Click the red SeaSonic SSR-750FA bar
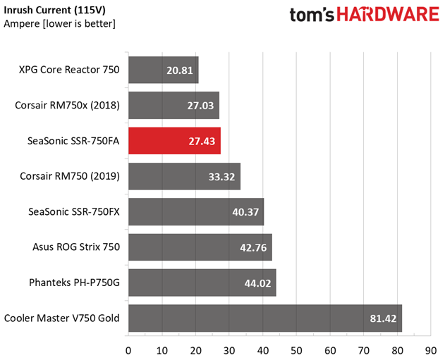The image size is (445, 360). [x=174, y=141]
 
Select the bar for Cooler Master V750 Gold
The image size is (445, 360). [x=265, y=318]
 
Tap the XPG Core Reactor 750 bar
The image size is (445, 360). [x=164, y=70]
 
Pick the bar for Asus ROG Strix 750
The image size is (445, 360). [x=200, y=247]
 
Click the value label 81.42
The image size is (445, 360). [x=383, y=318]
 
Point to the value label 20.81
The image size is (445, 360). [x=180, y=70]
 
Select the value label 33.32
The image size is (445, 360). [x=221, y=177]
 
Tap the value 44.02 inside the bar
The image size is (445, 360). [x=257, y=283]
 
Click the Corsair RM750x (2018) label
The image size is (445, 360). [x=67, y=106]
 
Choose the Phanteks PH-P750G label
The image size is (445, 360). [x=74, y=283]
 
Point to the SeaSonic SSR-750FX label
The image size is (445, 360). [x=74, y=212]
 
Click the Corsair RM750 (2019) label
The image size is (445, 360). [x=70, y=176]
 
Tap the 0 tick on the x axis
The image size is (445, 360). [x=128, y=351]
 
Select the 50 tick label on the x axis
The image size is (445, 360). [x=296, y=351]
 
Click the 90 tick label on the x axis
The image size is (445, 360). [x=431, y=351]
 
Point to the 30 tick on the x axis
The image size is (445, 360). [x=229, y=351]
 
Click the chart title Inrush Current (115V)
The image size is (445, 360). [x=54, y=11]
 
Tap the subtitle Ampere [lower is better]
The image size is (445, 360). [x=60, y=24]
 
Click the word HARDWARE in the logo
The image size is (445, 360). [x=389, y=15]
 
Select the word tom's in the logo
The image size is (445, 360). [x=312, y=15]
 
